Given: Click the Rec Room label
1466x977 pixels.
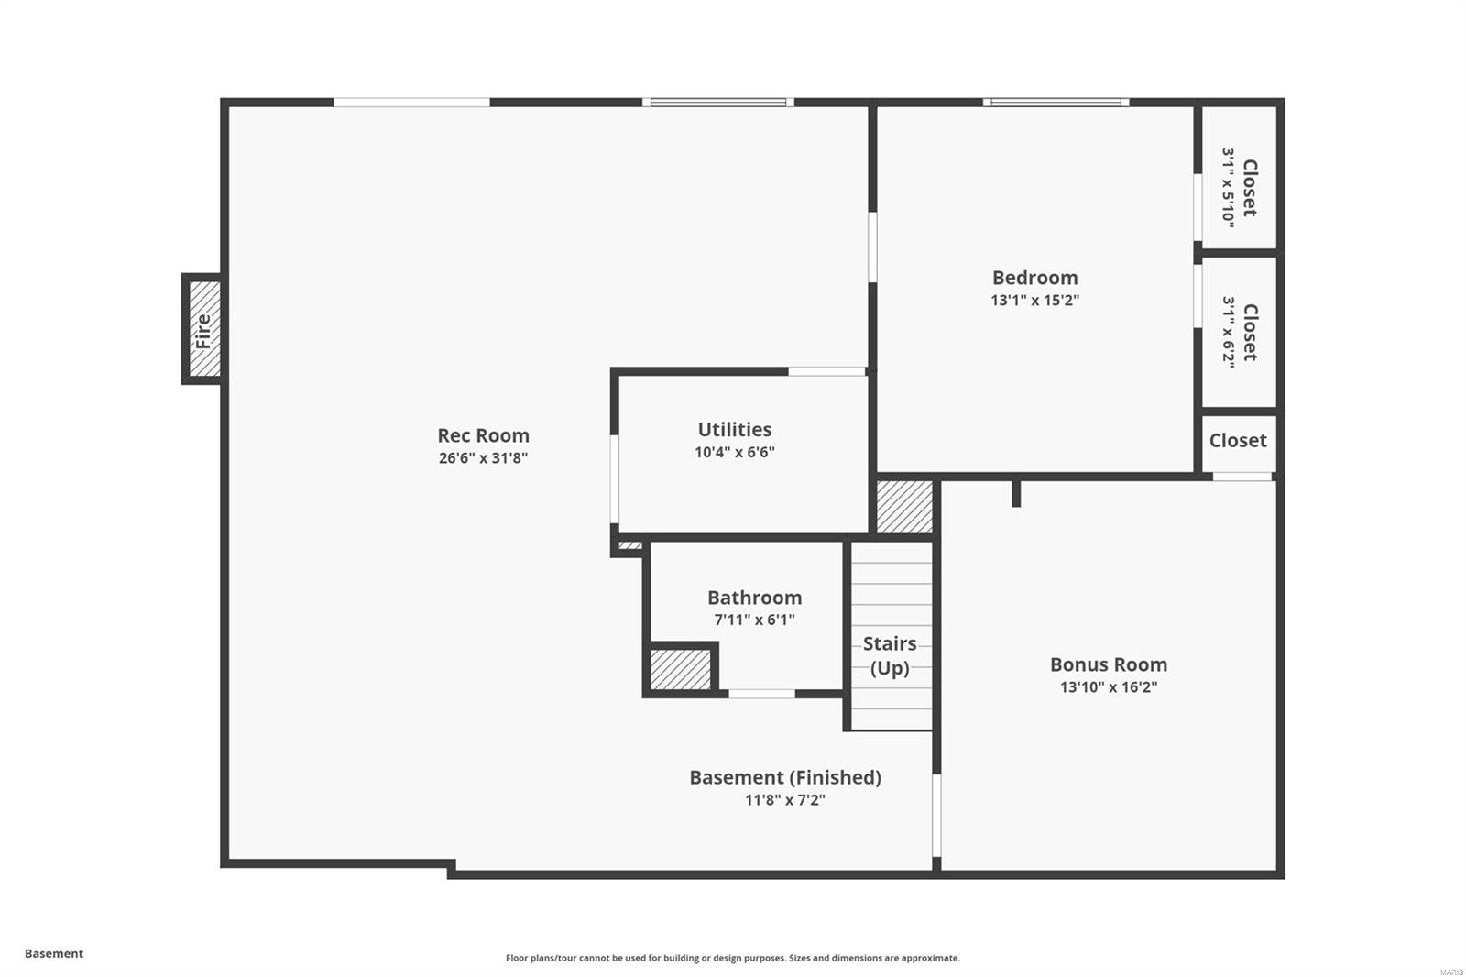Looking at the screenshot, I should point(483,435).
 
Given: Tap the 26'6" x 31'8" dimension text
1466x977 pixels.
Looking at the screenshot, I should point(483,458).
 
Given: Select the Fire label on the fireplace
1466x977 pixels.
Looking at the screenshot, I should point(203,330).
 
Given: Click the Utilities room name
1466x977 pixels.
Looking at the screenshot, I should point(735,429).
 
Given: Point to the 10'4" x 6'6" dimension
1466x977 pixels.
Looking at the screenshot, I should point(735,452).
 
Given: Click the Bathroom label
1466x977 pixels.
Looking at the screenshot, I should point(754,598).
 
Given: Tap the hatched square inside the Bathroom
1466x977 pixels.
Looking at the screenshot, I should point(681,669).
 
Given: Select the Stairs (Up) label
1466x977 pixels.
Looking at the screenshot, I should point(890,655).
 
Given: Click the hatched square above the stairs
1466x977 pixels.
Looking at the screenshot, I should point(904,507).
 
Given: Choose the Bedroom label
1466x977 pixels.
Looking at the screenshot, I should point(1034,278).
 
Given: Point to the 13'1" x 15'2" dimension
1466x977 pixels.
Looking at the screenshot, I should point(1034,301).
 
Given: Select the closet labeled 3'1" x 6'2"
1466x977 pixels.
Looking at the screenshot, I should point(1239,332).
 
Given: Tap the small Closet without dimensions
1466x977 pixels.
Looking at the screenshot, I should point(1238,441).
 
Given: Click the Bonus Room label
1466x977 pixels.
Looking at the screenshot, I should point(1109,664).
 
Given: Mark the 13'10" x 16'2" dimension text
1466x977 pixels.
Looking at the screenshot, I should point(1109,687).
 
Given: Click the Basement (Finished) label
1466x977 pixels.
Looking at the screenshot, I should point(785,777).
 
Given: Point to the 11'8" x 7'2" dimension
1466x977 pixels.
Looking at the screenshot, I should point(785,800).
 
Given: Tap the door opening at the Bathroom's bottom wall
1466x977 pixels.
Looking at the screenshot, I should point(761,694).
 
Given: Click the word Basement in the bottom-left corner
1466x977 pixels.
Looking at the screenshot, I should point(54,953).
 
